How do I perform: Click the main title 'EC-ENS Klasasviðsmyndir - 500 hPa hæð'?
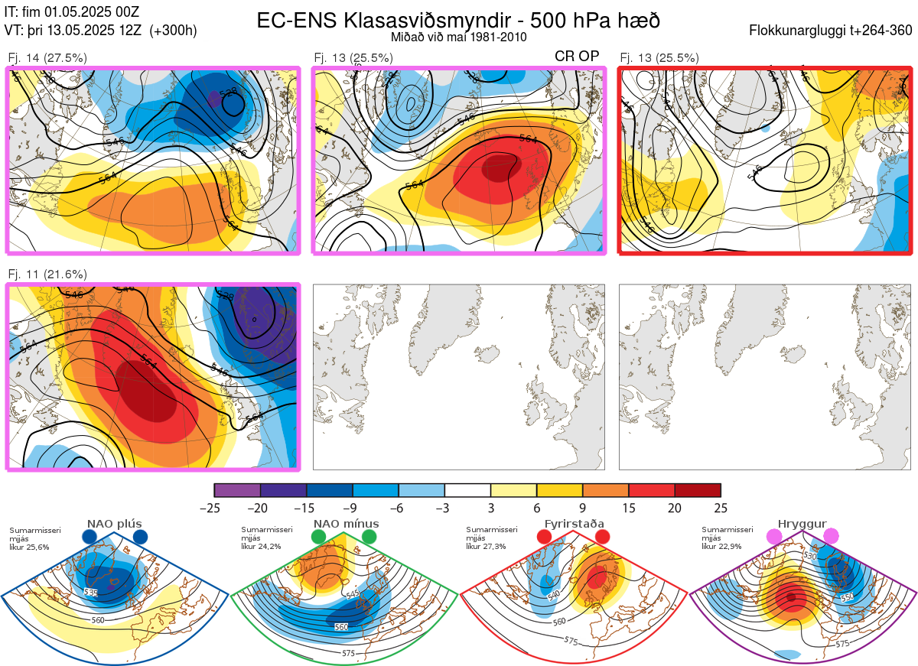pyautogui.click(x=458, y=20)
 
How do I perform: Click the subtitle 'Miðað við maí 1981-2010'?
pyautogui.click(x=458, y=37)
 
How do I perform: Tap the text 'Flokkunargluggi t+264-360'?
pyautogui.click(x=832, y=31)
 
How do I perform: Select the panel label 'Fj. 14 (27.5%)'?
pyautogui.click(x=47, y=57)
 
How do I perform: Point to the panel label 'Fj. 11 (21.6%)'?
pyautogui.click(x=47, y=274)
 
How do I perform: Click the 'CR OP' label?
pyautogui.click(x=577, y=56)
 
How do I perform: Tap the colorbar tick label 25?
pyautogui.click(x=720, y=508)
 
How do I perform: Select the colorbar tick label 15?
pyautogui.click(x=628, y=508)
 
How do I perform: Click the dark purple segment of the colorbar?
pyautogui.click(x=283, y=489)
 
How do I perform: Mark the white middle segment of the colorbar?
pyautogui.click(x=467, y=489)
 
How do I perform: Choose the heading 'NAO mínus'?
pyautogui.click(x=346, y=524)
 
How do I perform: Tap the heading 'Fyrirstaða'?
pyautogui.click(x=572, y=524)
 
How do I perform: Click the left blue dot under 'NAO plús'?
pyautogui.click(x=90, y=537)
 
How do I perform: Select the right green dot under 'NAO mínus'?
pyautogui.click(x=369, y=537)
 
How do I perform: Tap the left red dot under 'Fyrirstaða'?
pyautogui.click(x=544, y=537)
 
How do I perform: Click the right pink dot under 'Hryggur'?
pyautogui.click(x=831, y=537)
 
